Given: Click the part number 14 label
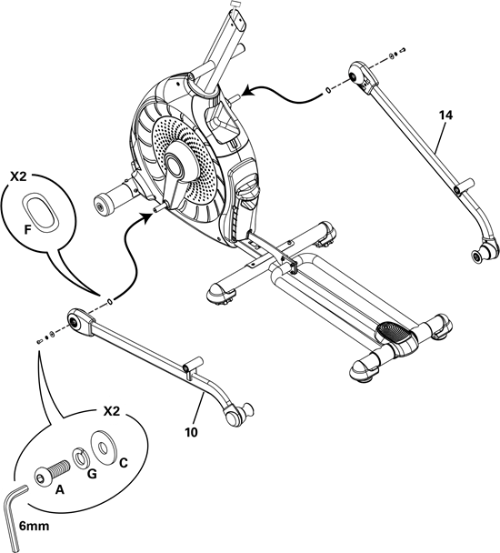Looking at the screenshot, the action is [x=445, y=115].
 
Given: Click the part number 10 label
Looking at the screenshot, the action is [x=191, y=432].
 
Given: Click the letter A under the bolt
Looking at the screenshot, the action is [x=60, y=489].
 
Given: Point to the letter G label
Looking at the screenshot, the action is [x=92, y=474].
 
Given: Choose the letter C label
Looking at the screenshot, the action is [x=123, y=462].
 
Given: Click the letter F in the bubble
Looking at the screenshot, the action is [x=28, y=230].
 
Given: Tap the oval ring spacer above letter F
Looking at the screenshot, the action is [x=40, y=212].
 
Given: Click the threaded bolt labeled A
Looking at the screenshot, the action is [x=52, y=472].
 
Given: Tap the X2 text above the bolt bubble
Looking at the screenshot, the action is [x=112, y=411].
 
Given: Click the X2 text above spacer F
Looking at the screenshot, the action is [x=18, y=177].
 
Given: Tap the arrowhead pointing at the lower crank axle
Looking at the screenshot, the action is [x=148, y=216].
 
